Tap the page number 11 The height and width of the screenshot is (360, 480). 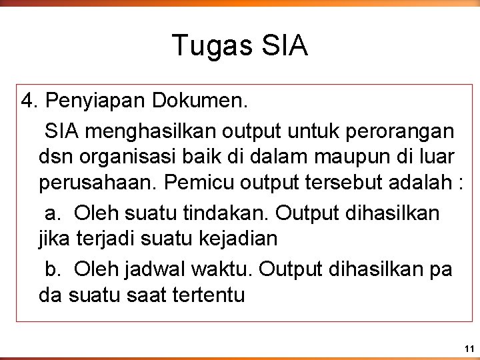(469, 349)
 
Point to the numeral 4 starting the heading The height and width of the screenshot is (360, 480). (27, 101)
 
